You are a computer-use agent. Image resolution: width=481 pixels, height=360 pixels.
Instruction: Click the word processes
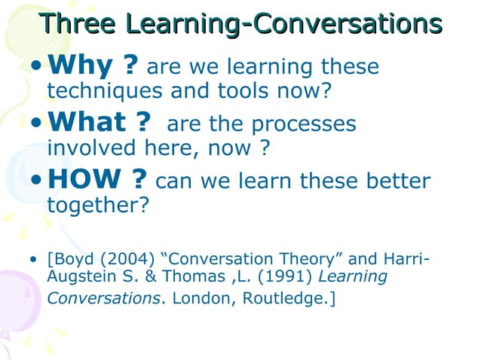(302, 124)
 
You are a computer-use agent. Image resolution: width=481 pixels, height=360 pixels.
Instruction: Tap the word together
(95, 206)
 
